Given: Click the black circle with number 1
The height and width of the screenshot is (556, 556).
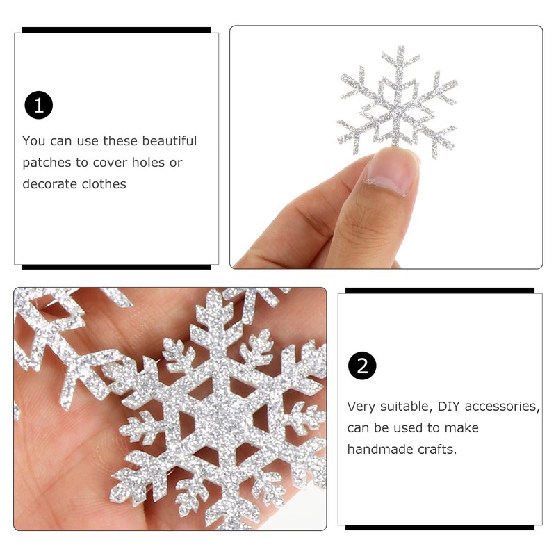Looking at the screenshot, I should click(x=39, y=105).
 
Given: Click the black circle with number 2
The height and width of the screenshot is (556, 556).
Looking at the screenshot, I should click(x=362, y=366).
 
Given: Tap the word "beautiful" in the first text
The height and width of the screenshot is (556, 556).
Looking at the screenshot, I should click(x=170, y=141).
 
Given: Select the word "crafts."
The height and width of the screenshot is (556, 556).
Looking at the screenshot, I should click(x=436, y=449).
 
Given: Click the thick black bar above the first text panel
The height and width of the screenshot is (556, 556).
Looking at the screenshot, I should click(x=116, y=30).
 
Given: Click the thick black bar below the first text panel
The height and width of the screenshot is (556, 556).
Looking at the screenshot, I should click(x=116, y=267).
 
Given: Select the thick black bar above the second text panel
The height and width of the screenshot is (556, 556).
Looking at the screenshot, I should click(x=439, y=291).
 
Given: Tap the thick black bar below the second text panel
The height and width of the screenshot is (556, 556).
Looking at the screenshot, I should click(x=439, y=528).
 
